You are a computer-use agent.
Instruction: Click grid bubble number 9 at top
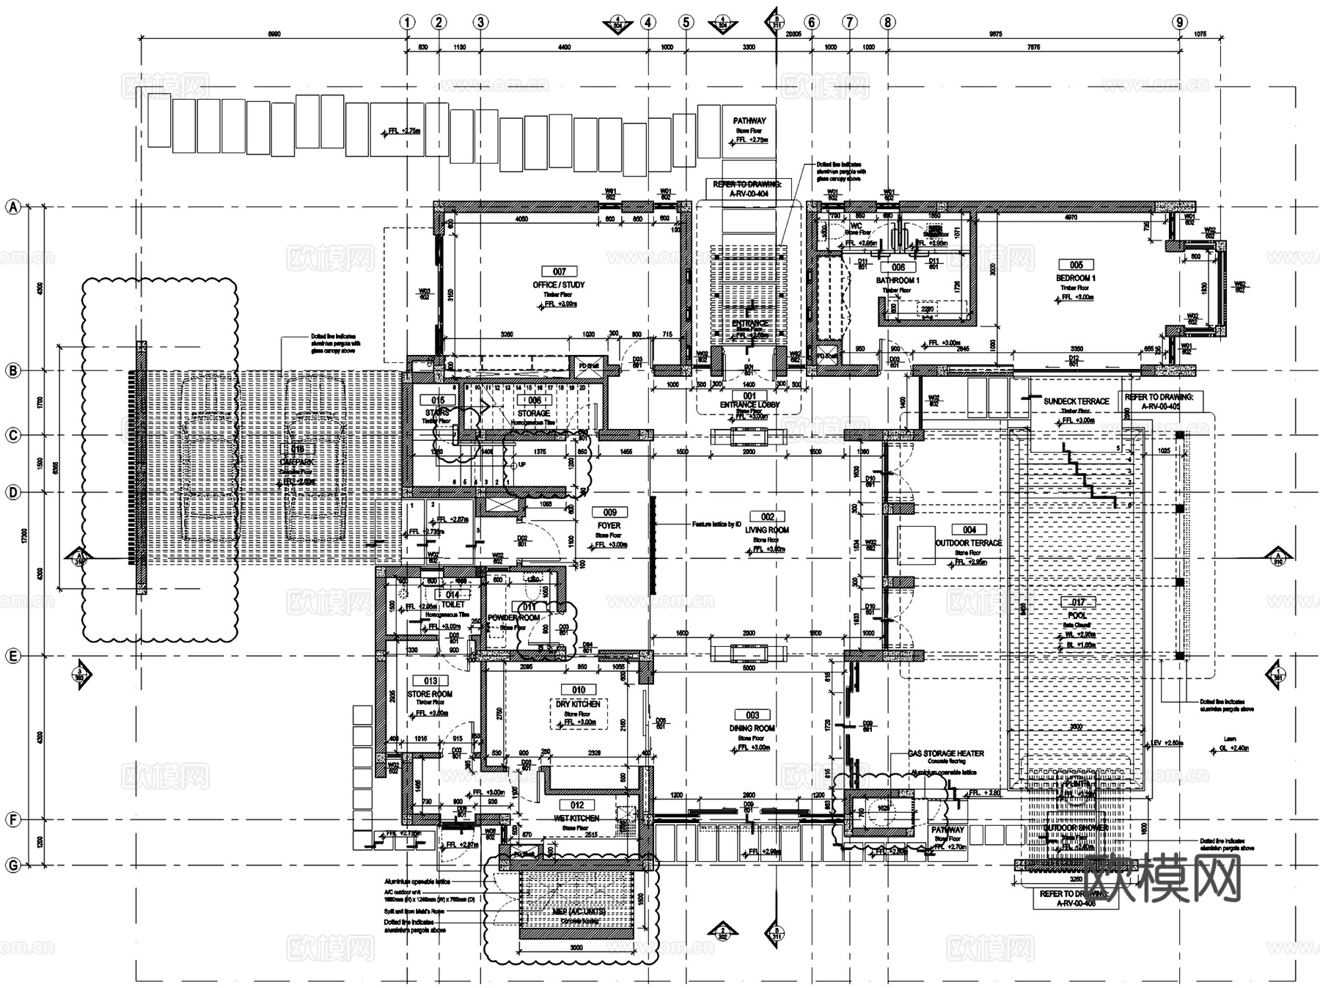[x=1179, y=22]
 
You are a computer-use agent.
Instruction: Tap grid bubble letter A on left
[x=12, y=208]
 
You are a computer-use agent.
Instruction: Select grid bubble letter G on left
[x=12, y=866]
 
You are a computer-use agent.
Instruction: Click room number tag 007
[x=560, y=271]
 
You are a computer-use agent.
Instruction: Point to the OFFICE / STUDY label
[x=559, y=285]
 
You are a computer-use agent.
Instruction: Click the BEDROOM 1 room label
[x=1076, y=279]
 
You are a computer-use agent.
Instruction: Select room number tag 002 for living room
[x=767, y=517]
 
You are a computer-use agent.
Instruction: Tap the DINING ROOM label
[x=752, y=728]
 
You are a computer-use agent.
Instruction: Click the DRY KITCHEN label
[x=578, y=703]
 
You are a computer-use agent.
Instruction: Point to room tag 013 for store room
[x=430, y=681]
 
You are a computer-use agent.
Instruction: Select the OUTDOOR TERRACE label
[x=969, y=543]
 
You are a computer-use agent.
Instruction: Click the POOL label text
[x=1077, y=615]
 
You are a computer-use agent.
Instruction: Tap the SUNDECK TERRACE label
[x=1076, y=401]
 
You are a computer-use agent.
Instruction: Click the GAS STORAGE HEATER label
[x=945, y=753]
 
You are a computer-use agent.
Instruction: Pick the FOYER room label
[x=609, y=525]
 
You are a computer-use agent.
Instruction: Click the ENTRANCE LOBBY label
[x=749, y=405]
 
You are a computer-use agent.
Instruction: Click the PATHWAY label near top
[x=749, y=120]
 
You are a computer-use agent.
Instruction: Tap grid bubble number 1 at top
[x=408, y=22]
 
